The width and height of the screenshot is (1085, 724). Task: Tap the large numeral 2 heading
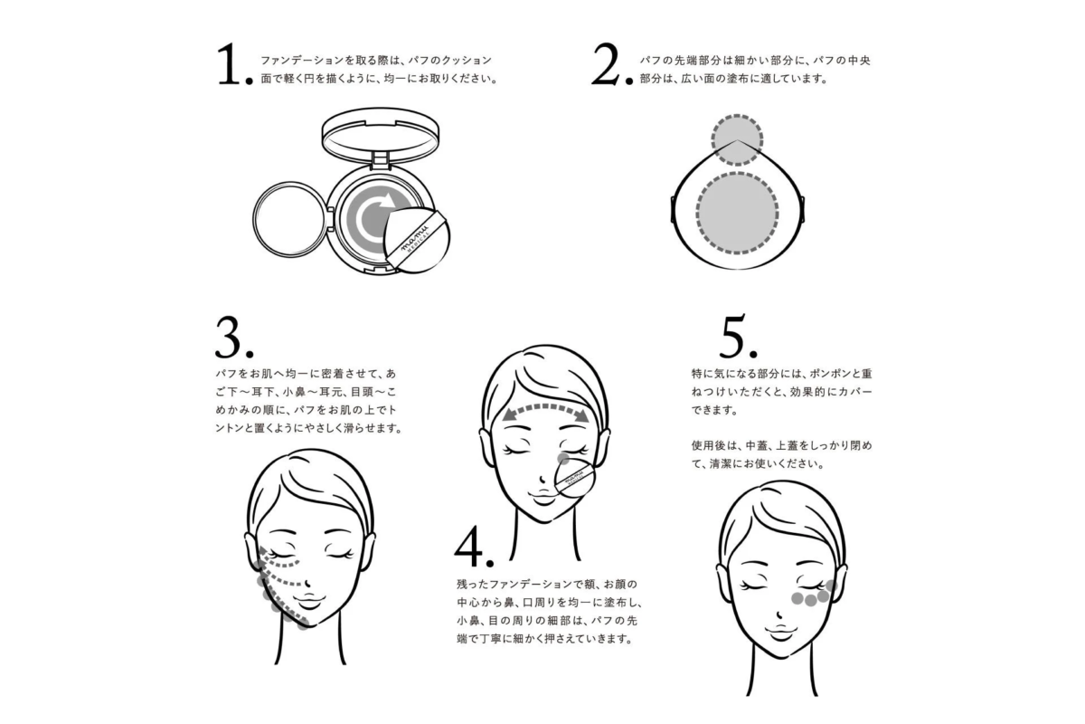tap(609, 67)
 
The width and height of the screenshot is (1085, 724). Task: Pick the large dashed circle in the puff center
tap(738, 210)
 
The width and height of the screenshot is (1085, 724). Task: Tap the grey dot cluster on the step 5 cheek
tap(809, 593)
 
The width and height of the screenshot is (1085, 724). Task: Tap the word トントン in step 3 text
tap(220, 428)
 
